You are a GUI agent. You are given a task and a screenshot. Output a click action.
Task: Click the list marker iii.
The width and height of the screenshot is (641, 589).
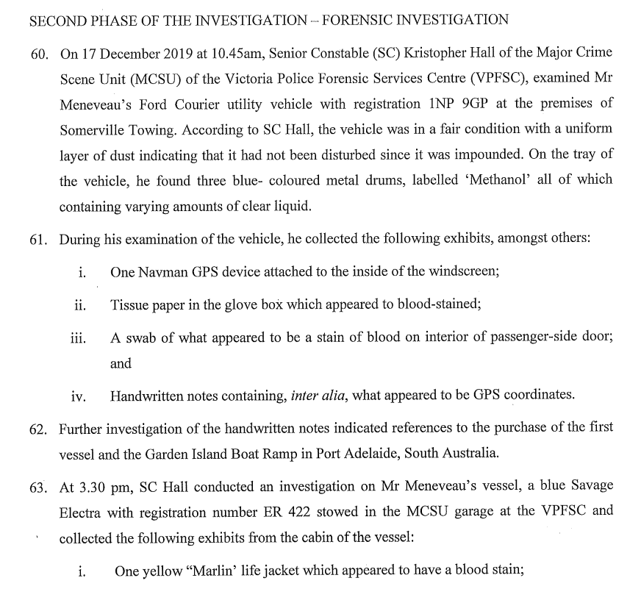click(x=79, y=339)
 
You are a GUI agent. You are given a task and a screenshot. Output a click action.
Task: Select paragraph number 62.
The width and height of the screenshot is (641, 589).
click(x=39, y=428)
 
